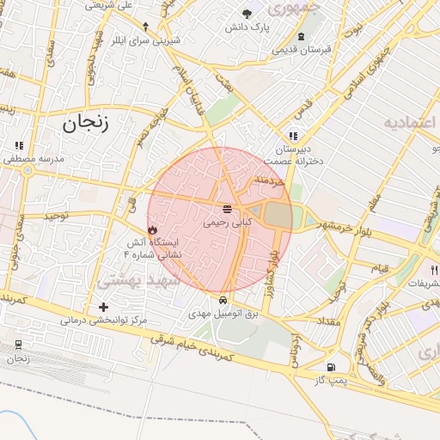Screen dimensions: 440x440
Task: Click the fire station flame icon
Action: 152,230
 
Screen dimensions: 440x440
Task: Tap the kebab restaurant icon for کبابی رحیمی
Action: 227,209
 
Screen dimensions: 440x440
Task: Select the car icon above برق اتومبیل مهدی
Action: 223,301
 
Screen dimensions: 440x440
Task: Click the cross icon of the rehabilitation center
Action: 104,307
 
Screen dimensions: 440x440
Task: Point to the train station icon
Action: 18,345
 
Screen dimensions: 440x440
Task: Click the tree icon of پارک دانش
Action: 247,14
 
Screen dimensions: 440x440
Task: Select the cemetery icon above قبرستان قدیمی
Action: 301,36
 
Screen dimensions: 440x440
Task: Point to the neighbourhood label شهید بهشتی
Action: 138,280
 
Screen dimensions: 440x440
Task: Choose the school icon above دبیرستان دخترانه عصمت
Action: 293,136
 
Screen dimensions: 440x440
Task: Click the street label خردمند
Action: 269,181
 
